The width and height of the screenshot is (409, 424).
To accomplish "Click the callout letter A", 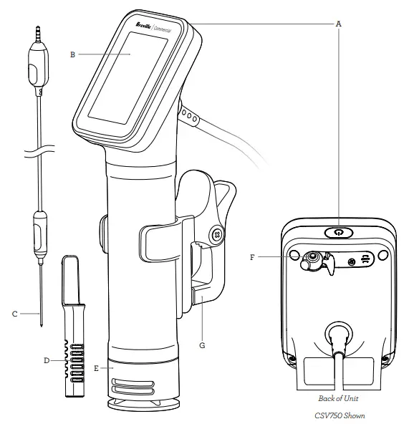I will pos(338,23).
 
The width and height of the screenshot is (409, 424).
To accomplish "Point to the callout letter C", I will pos(14,313).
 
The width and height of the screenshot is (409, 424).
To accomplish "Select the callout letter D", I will pos(47,361).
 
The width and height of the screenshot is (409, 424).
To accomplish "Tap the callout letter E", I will pos(95,368).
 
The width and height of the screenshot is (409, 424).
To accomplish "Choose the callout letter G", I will pos(203,344).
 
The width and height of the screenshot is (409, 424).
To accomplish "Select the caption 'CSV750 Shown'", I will pos(337,414).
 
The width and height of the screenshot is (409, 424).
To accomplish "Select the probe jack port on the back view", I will pos(313,260).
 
